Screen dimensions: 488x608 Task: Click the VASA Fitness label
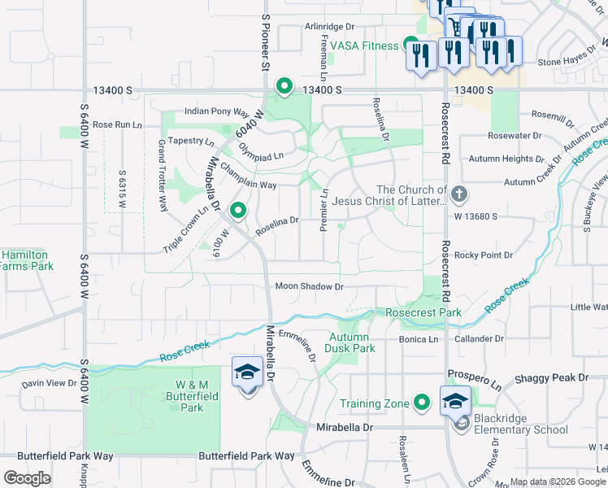pos(370,46)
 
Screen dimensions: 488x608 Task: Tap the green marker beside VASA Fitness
pos(411,46)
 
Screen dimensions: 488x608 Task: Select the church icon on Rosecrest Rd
pos(459,194)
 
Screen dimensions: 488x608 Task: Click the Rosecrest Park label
pos(423,312)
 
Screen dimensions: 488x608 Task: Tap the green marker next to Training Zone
pos(422,403)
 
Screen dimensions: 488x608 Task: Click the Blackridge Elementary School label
pos(521,424)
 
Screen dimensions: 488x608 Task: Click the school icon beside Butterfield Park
pos(247,373)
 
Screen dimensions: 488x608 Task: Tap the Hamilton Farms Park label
pos(26,260)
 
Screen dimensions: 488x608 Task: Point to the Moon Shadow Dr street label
pos(309,286)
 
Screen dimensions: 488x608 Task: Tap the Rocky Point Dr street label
pos(484,255)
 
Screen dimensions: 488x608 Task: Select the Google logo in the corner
pos(27,478)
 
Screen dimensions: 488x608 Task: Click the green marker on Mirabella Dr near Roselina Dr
pos(237,211)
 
